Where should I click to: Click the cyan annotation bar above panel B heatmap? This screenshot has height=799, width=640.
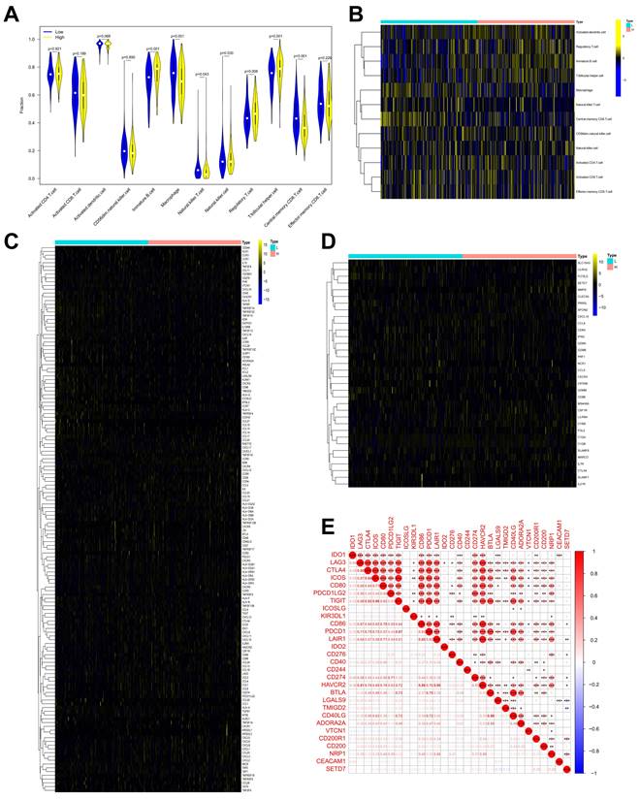click(428, 20)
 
